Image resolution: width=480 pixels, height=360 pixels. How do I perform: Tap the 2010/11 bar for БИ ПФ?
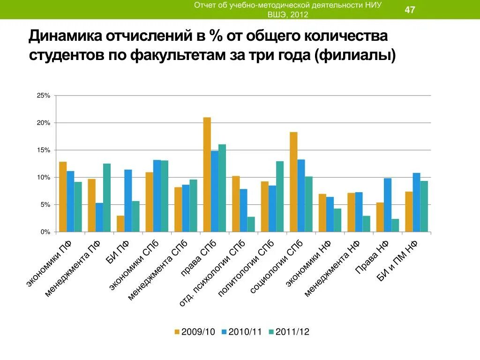pyautogui.click(x=128, y=201)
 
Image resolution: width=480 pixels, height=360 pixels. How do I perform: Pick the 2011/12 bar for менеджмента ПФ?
pyautogui.click(x=107, y=197)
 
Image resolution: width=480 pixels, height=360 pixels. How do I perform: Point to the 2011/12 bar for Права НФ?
pyautogui.click(x=395, y=225)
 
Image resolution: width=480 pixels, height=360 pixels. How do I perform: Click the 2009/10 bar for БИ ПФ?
pyautogui.click(x=120, y=224)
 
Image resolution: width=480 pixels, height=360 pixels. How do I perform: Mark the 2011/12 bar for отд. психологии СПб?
pyautogui.click(x=251, y=224)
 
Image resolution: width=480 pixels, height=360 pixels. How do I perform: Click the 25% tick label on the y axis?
pyautogui.click(x=44, y=96)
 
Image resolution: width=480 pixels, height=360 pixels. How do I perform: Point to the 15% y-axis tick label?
pyautogui.click(x=44, y=150)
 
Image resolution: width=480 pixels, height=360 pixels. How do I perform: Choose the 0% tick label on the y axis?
pyautogui.click(x=45, y=232)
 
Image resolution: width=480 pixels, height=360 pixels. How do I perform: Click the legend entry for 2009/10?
pyautogui.click(x=195, y=332)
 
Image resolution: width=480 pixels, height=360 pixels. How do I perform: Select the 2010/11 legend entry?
pyautogui.click(x=242, y=332)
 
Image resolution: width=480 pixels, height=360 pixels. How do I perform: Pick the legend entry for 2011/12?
pyautogui.click(x=289, y=332)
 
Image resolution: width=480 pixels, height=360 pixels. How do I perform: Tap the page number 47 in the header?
pyautogui.click(x=410, y=10)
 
